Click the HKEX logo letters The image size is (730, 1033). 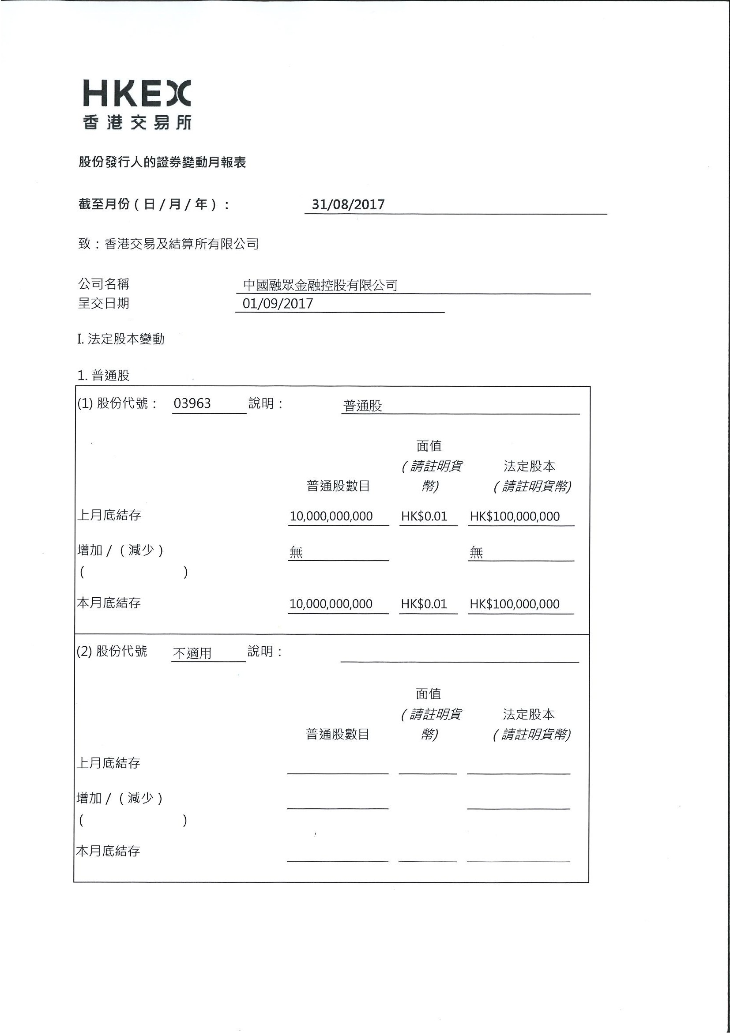tap(137, 94)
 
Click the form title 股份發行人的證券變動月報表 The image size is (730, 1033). tap(162, 162)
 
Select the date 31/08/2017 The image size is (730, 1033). tap(348, 205)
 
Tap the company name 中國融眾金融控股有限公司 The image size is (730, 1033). tap(320, 285)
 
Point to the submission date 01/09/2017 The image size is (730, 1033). tap(278, 304)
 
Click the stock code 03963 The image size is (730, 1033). tap(192, 403)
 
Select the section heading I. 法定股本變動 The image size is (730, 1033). tap(120, 339)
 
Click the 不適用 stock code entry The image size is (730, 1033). tap(192, 653)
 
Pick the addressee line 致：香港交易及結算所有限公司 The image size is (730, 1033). tap(169, 244)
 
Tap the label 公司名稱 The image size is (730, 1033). tap(103, 284)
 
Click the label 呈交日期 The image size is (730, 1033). tap(103, 303)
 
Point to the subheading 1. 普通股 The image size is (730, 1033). tap(103, 375)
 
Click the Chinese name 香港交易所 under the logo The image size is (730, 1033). tap(137, 122)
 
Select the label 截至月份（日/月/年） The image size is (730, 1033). tap(154, 205)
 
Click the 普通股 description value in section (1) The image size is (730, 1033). tap(362, 406)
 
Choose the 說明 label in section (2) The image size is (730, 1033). tap(264, 651)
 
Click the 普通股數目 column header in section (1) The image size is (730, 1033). tap(338, 486)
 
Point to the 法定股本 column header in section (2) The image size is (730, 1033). tap(529, 714)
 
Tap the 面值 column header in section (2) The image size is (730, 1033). tap(428, 694)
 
